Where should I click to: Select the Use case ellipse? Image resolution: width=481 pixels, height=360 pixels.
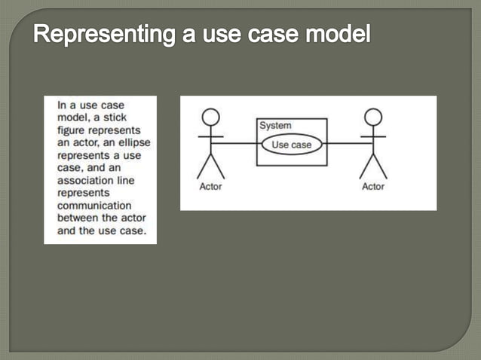coord(291,143)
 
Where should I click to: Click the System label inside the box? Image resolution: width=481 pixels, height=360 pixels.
coord(275,126)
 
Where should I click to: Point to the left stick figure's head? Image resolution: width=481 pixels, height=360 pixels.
coord(211,117)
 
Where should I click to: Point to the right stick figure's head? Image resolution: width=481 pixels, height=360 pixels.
coord(373,117)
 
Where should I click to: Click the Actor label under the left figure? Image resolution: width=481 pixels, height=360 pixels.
coord(210,187)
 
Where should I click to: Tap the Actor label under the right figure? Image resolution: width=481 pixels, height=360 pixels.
coord(373,187)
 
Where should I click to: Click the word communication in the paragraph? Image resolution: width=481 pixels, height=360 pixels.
coord(94,205)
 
